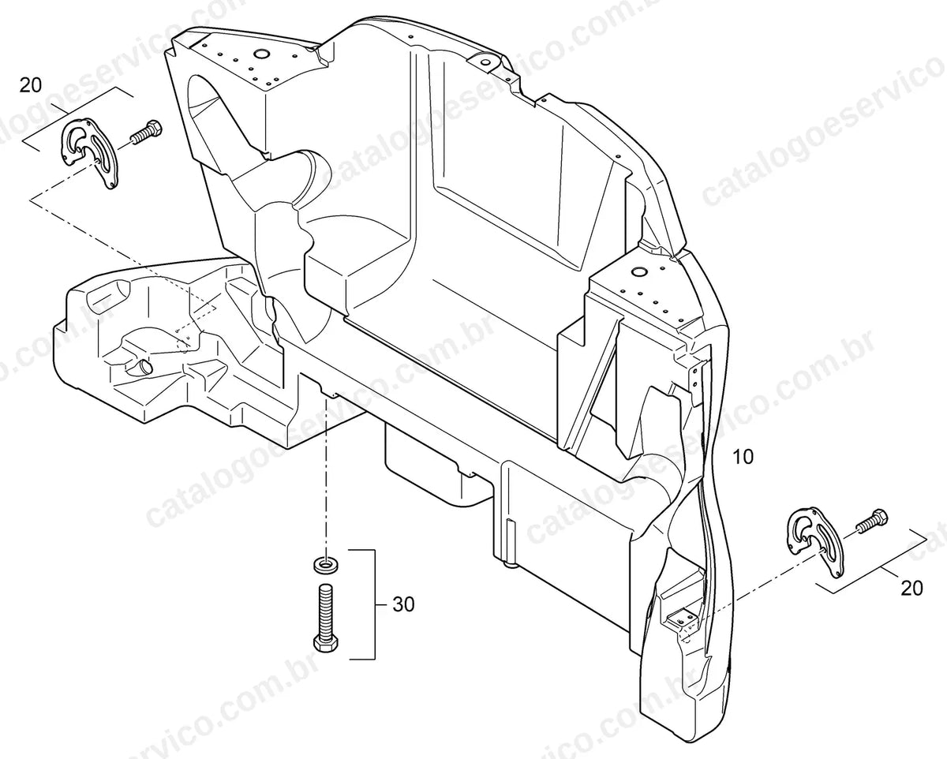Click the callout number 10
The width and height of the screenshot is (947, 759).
(743, 457)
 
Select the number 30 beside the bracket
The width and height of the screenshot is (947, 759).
(403, 604)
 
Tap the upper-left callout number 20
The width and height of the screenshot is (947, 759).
(30, 85)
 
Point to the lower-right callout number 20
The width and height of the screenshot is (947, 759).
(911, 589)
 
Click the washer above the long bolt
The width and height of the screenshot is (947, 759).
(326, 565)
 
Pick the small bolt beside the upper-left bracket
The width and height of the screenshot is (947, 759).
(146, 130)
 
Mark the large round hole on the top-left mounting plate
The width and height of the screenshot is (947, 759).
(261, 54)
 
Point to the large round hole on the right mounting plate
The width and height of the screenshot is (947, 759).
(638, 271)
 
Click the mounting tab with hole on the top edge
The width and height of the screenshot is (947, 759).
(484, 62)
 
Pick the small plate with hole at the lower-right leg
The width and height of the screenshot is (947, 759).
(681, 619)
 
